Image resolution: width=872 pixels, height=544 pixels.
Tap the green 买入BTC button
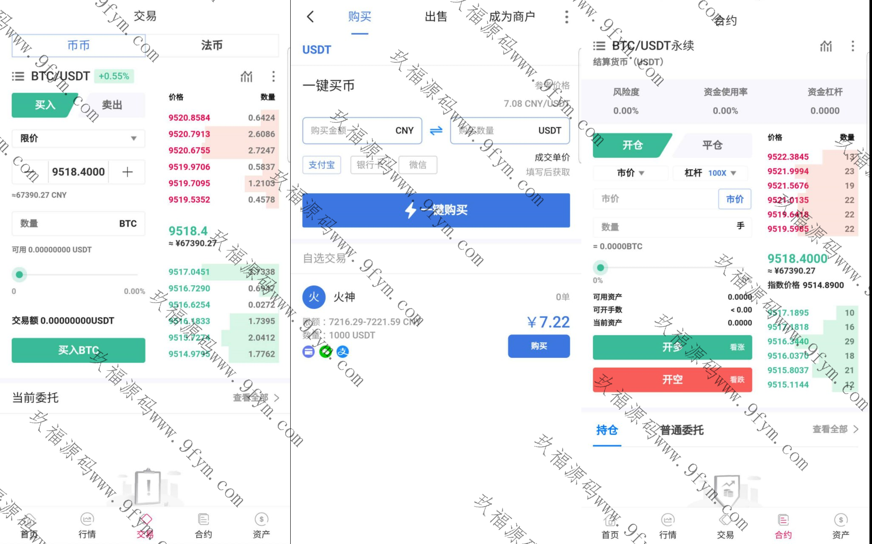tap(78, 350)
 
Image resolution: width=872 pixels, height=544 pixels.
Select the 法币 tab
tap(212, 45)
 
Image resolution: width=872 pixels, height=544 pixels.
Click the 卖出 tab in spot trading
tap(112, 105)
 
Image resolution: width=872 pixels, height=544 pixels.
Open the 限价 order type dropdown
tap(78, 138)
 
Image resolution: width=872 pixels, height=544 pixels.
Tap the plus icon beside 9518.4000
tap(127, 172)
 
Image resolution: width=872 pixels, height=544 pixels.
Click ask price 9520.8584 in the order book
tap(189, 118)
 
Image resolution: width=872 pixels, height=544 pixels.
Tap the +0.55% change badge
tap(114, 76)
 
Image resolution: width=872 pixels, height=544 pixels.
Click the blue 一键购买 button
tap(436, 210)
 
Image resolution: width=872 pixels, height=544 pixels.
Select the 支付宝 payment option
tap(321, 165)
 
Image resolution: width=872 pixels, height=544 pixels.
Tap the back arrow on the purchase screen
tap(310, 17)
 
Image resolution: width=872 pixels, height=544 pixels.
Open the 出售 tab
tap(436, 17)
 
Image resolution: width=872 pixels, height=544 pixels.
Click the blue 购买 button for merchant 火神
tap(538, 346)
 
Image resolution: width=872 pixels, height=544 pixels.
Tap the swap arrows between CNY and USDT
tap(436, 130)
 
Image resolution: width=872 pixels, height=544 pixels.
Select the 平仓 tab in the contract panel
tap(712, 145)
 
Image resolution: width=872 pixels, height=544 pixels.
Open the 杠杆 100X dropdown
tap(711, 173)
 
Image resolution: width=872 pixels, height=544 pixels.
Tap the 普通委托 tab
tap(682, 430)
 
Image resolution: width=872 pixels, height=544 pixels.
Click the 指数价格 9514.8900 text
tap(805, 285)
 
